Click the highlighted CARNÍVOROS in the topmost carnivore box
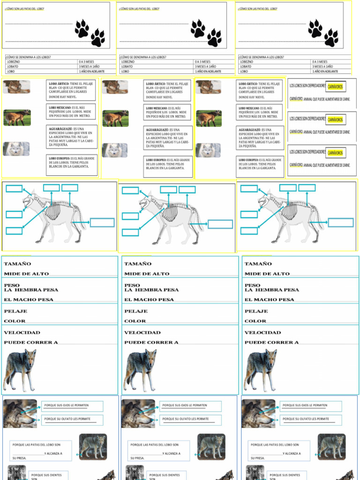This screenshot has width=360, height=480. pyautogui.click(x=335, y=87)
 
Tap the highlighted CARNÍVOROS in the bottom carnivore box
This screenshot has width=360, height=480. pyautogui.click(x=335, y=153)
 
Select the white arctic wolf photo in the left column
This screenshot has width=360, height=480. pyautogui.click(x=16, y=149)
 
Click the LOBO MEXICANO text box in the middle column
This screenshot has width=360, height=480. pyautogui.click(x=167, y=112)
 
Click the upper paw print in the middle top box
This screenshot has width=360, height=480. pyautogui.click(x=198, y=29)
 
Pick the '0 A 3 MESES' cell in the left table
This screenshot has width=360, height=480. pyautogui.click(x=96, y=62)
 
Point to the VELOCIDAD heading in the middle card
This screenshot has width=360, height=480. pyautogui.click(x=142, y=332)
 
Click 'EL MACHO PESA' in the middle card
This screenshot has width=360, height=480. pyautogui.click(x=149, y=300)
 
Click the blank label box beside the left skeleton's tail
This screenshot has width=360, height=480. pyautogui.click(x=102, y=222)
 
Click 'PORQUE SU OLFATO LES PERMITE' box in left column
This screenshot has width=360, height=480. pyautogui.click(x=72, y=420)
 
